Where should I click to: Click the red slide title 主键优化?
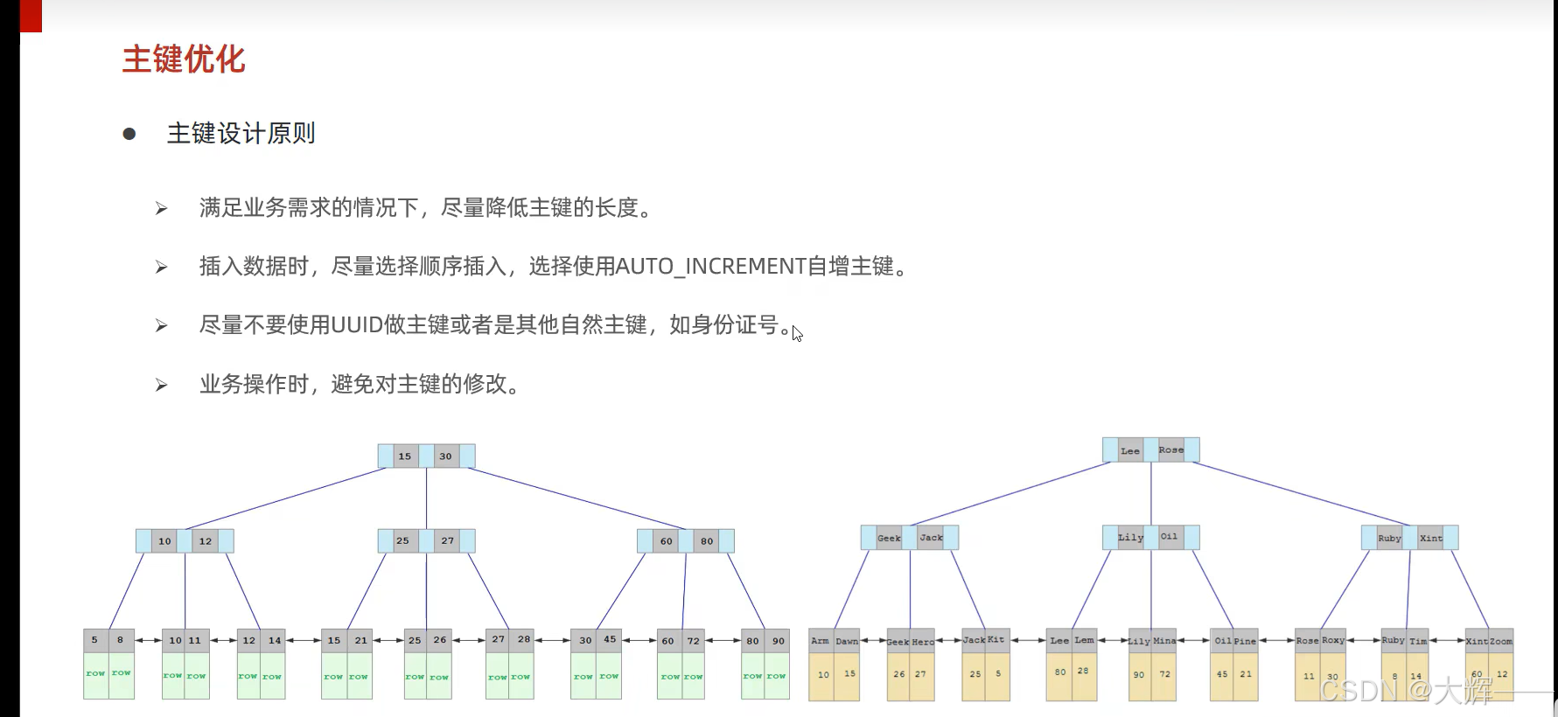click(x=184, y=59)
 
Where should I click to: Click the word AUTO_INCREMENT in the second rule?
click(x=710, y=266)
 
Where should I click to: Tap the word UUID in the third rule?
click(x=357, y=325)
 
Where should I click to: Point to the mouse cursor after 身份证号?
click(x=797, y=333)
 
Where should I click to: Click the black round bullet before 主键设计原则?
click(x=129, y=134)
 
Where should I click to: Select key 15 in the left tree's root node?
click(x=405, y=456)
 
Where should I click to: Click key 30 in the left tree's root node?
click(x=446, y=456)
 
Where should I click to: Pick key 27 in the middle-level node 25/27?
click(x=448, y=541)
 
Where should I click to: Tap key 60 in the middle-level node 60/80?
click(x=667, y=541)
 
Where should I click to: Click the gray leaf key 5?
click(x=95, y=640)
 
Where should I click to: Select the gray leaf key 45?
click(x=610, y=640)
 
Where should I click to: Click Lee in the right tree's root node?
click(x=1130, y=451)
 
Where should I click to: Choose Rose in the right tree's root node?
click(x=1171, y=450)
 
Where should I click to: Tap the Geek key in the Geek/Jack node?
click(x=889, y=538)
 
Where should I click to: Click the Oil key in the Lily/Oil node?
click(x=1170, y=537)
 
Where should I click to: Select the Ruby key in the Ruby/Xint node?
click(x=1390, y=538)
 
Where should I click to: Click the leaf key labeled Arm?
click(x=821, y=641)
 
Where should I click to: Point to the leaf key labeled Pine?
click(x=1246, y=641)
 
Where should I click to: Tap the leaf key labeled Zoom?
click(x=1501, y=641)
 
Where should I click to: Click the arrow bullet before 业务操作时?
click(x=161, y=385)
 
